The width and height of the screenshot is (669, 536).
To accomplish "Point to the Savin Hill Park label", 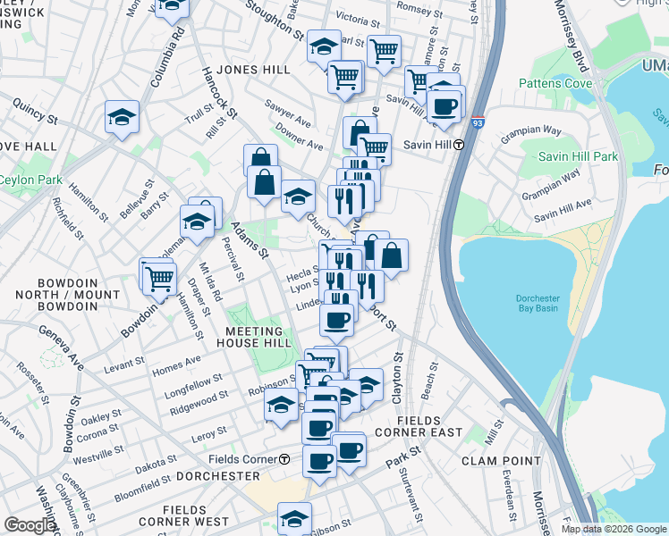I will [579, 156].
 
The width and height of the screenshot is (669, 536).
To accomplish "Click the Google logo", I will [29, 525].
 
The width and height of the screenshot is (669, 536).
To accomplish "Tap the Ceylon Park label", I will [30, 180].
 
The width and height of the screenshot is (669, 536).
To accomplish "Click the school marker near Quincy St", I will [122, 117].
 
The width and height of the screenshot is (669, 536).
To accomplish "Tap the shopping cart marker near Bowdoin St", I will [159, 278].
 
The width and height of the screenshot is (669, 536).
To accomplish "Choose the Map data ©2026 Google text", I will [614, 529].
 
